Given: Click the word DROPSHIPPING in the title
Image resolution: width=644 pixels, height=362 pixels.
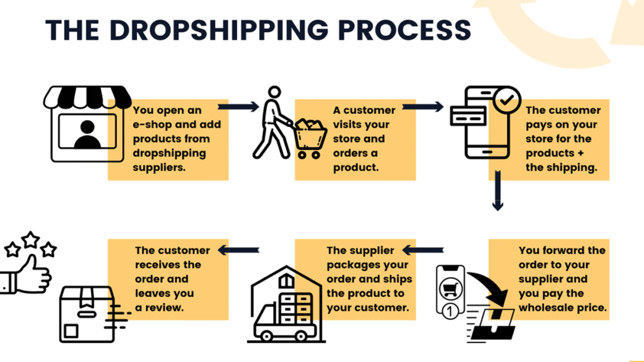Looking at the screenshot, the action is tap(219, 30).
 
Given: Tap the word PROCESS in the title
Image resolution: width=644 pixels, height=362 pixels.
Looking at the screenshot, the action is tap(404, 30).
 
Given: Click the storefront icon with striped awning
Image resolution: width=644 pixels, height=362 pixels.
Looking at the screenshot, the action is tap(87, 124).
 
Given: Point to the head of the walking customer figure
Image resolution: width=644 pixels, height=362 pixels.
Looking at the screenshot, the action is tap(274, 92).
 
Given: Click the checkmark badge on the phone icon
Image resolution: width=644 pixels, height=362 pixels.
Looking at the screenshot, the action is tap(507, 100).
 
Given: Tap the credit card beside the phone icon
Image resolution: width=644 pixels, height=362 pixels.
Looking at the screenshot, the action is tap(468, 116).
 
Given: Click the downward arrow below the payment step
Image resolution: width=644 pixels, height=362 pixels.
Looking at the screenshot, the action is tap(498, 190).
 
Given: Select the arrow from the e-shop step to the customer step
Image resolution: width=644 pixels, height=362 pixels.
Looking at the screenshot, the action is tap(238, 107).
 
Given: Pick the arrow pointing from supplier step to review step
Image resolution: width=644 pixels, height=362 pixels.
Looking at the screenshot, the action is tap(238, 250).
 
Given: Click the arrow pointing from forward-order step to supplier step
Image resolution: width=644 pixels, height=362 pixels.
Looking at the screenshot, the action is tap(423, 250).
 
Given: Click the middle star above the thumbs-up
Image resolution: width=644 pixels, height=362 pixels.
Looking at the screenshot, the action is tap(30, 239).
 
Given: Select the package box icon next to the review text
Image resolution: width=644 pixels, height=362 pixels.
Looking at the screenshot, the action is tap(87, 314).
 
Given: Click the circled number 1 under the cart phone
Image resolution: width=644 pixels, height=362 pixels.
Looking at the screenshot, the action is tap(450, 310).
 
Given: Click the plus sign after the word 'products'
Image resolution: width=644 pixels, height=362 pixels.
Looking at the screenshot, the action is tap(580, 153).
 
